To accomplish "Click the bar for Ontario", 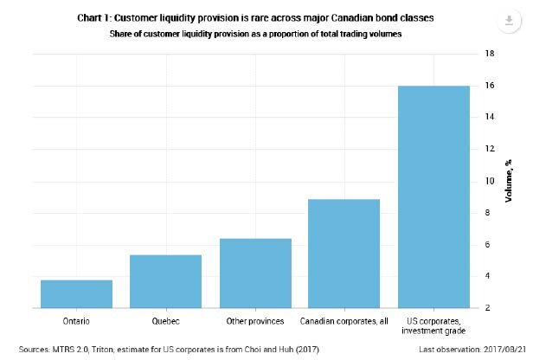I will click(x=76, y=293).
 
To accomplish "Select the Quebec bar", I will click(x=165, y=281).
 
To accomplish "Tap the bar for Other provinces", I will click(x=254, y=273).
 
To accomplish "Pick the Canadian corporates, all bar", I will click(x=344, y=253).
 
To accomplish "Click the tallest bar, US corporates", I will click(x=433, y=196).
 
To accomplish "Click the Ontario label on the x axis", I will click(x=76, y=320).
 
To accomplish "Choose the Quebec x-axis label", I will click(x=165, y=320).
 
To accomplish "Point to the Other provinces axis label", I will click(x=254, y=320).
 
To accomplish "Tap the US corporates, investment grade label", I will click(x=433, y=325).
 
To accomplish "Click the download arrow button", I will click(x=508, y=22).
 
